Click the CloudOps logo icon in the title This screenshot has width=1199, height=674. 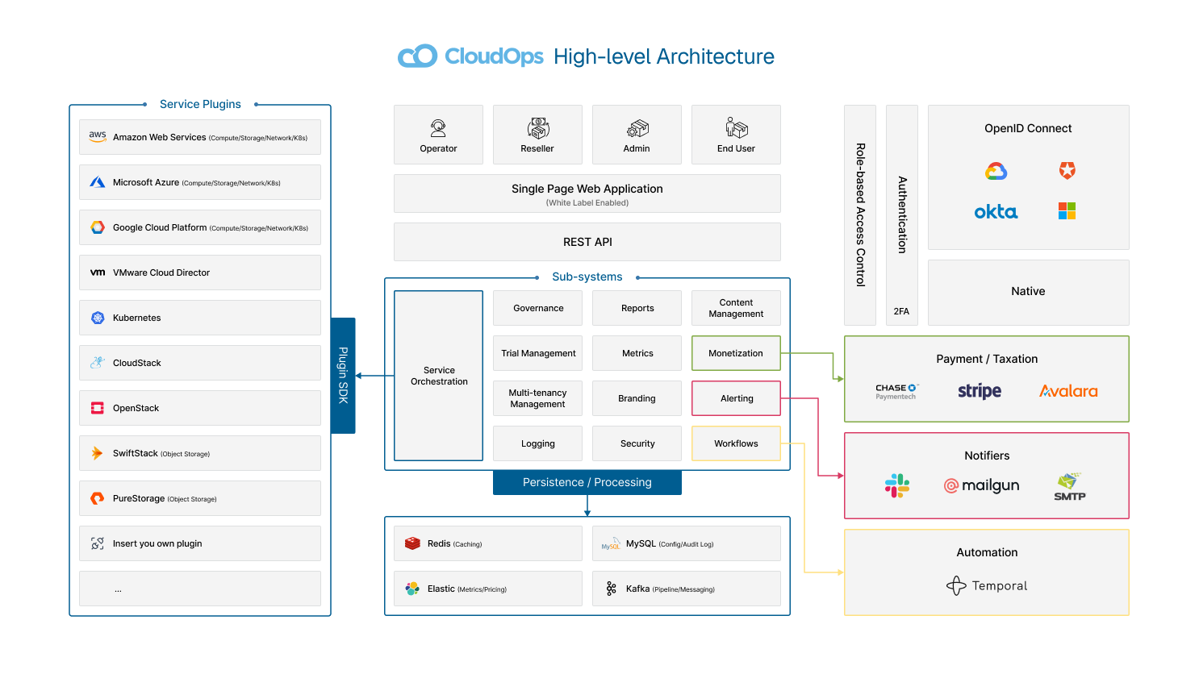(417, 56)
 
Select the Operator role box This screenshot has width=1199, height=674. (438, 135)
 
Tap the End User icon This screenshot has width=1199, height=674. (736, 127)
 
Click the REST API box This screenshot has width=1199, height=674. (587, 242)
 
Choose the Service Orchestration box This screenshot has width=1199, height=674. (439, 376)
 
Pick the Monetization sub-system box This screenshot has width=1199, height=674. (736, 353)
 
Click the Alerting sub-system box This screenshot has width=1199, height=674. (736, 398)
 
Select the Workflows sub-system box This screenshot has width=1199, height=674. (736, 443)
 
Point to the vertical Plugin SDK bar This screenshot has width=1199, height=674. (343, 376)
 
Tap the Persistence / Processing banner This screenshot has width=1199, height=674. (587, 482)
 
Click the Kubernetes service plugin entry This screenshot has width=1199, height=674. (200, 318)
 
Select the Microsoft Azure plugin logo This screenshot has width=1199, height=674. (98, 182)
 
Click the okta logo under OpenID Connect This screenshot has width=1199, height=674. (996, 212)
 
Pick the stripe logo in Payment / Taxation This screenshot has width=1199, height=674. (980, 391)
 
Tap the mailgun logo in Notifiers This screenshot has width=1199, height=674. (982, 485)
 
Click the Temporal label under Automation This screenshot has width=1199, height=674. (999, 586)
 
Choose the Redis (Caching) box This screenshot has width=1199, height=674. (488, 543)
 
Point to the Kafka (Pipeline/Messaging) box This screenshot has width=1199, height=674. (687, 589)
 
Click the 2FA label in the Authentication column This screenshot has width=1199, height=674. (901, 311)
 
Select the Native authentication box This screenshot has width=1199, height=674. (1028, 292)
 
